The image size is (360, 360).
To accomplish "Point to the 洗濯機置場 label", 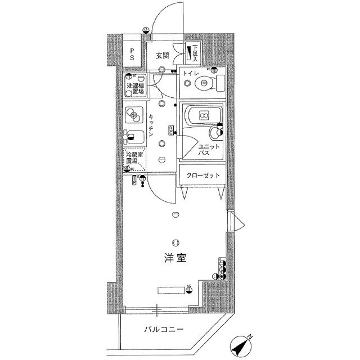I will point(134,88).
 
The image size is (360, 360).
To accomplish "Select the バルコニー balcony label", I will point(163,329).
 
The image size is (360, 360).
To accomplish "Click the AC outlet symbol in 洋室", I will point(189,289).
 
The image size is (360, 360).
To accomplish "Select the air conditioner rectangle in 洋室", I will point(170,290).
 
